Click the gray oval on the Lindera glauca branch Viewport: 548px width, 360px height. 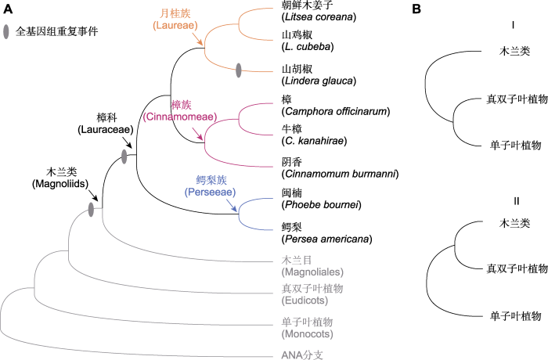[x=239, y=70]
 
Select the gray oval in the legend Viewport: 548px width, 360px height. [x=6, y=32]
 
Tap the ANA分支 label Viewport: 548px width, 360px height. [x=302, y=355]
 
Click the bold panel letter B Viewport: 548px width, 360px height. [x=416, y=9]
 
